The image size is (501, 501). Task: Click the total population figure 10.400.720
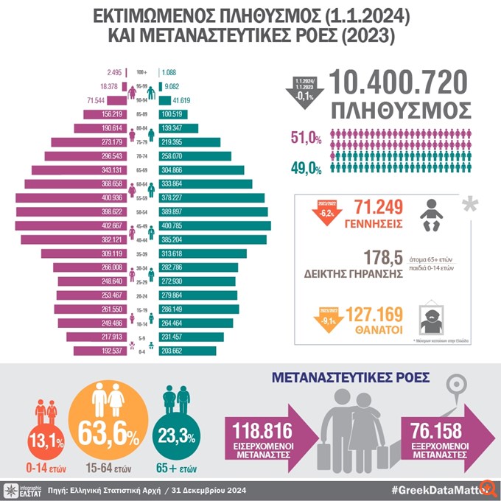pyautogui.click(x=399, y=82)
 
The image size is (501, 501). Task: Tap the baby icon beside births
pyautogui.click(x=432, y=214)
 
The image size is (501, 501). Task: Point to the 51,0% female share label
pyautogui.click(x=307, y=138)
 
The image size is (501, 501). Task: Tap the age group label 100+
pyautogui.click(x=142, y=72)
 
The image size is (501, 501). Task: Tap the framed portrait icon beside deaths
pyautogui.click(x=432, y=316)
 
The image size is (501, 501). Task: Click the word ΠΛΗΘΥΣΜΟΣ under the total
pyautogui.click(x=401, y=111)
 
